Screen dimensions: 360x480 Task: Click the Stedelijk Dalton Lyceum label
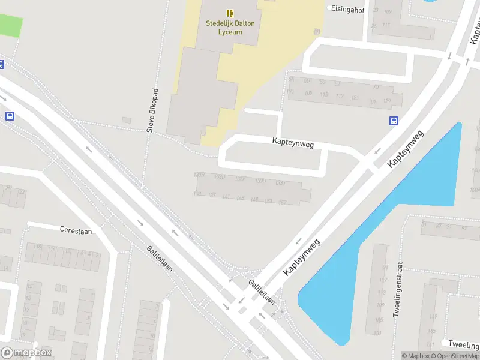coord(224,28)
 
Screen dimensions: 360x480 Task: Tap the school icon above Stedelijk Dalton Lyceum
coord(230,13)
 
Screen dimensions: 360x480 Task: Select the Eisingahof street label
coord(347,9)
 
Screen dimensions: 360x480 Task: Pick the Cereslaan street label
coord(76,230)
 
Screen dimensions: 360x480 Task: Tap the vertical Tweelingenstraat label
coord(397,289)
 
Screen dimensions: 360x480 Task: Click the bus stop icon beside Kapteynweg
coord(394,121)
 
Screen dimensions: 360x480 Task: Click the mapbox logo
coord(26,353)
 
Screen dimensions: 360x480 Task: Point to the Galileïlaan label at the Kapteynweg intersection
coord(262,291)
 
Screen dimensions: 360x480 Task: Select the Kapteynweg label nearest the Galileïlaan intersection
coord(302,257)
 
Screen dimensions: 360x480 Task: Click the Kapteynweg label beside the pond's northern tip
coord(406,148)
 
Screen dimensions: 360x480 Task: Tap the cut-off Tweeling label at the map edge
coord(463,343)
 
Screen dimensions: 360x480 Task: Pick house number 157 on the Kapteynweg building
coord(283,202)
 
